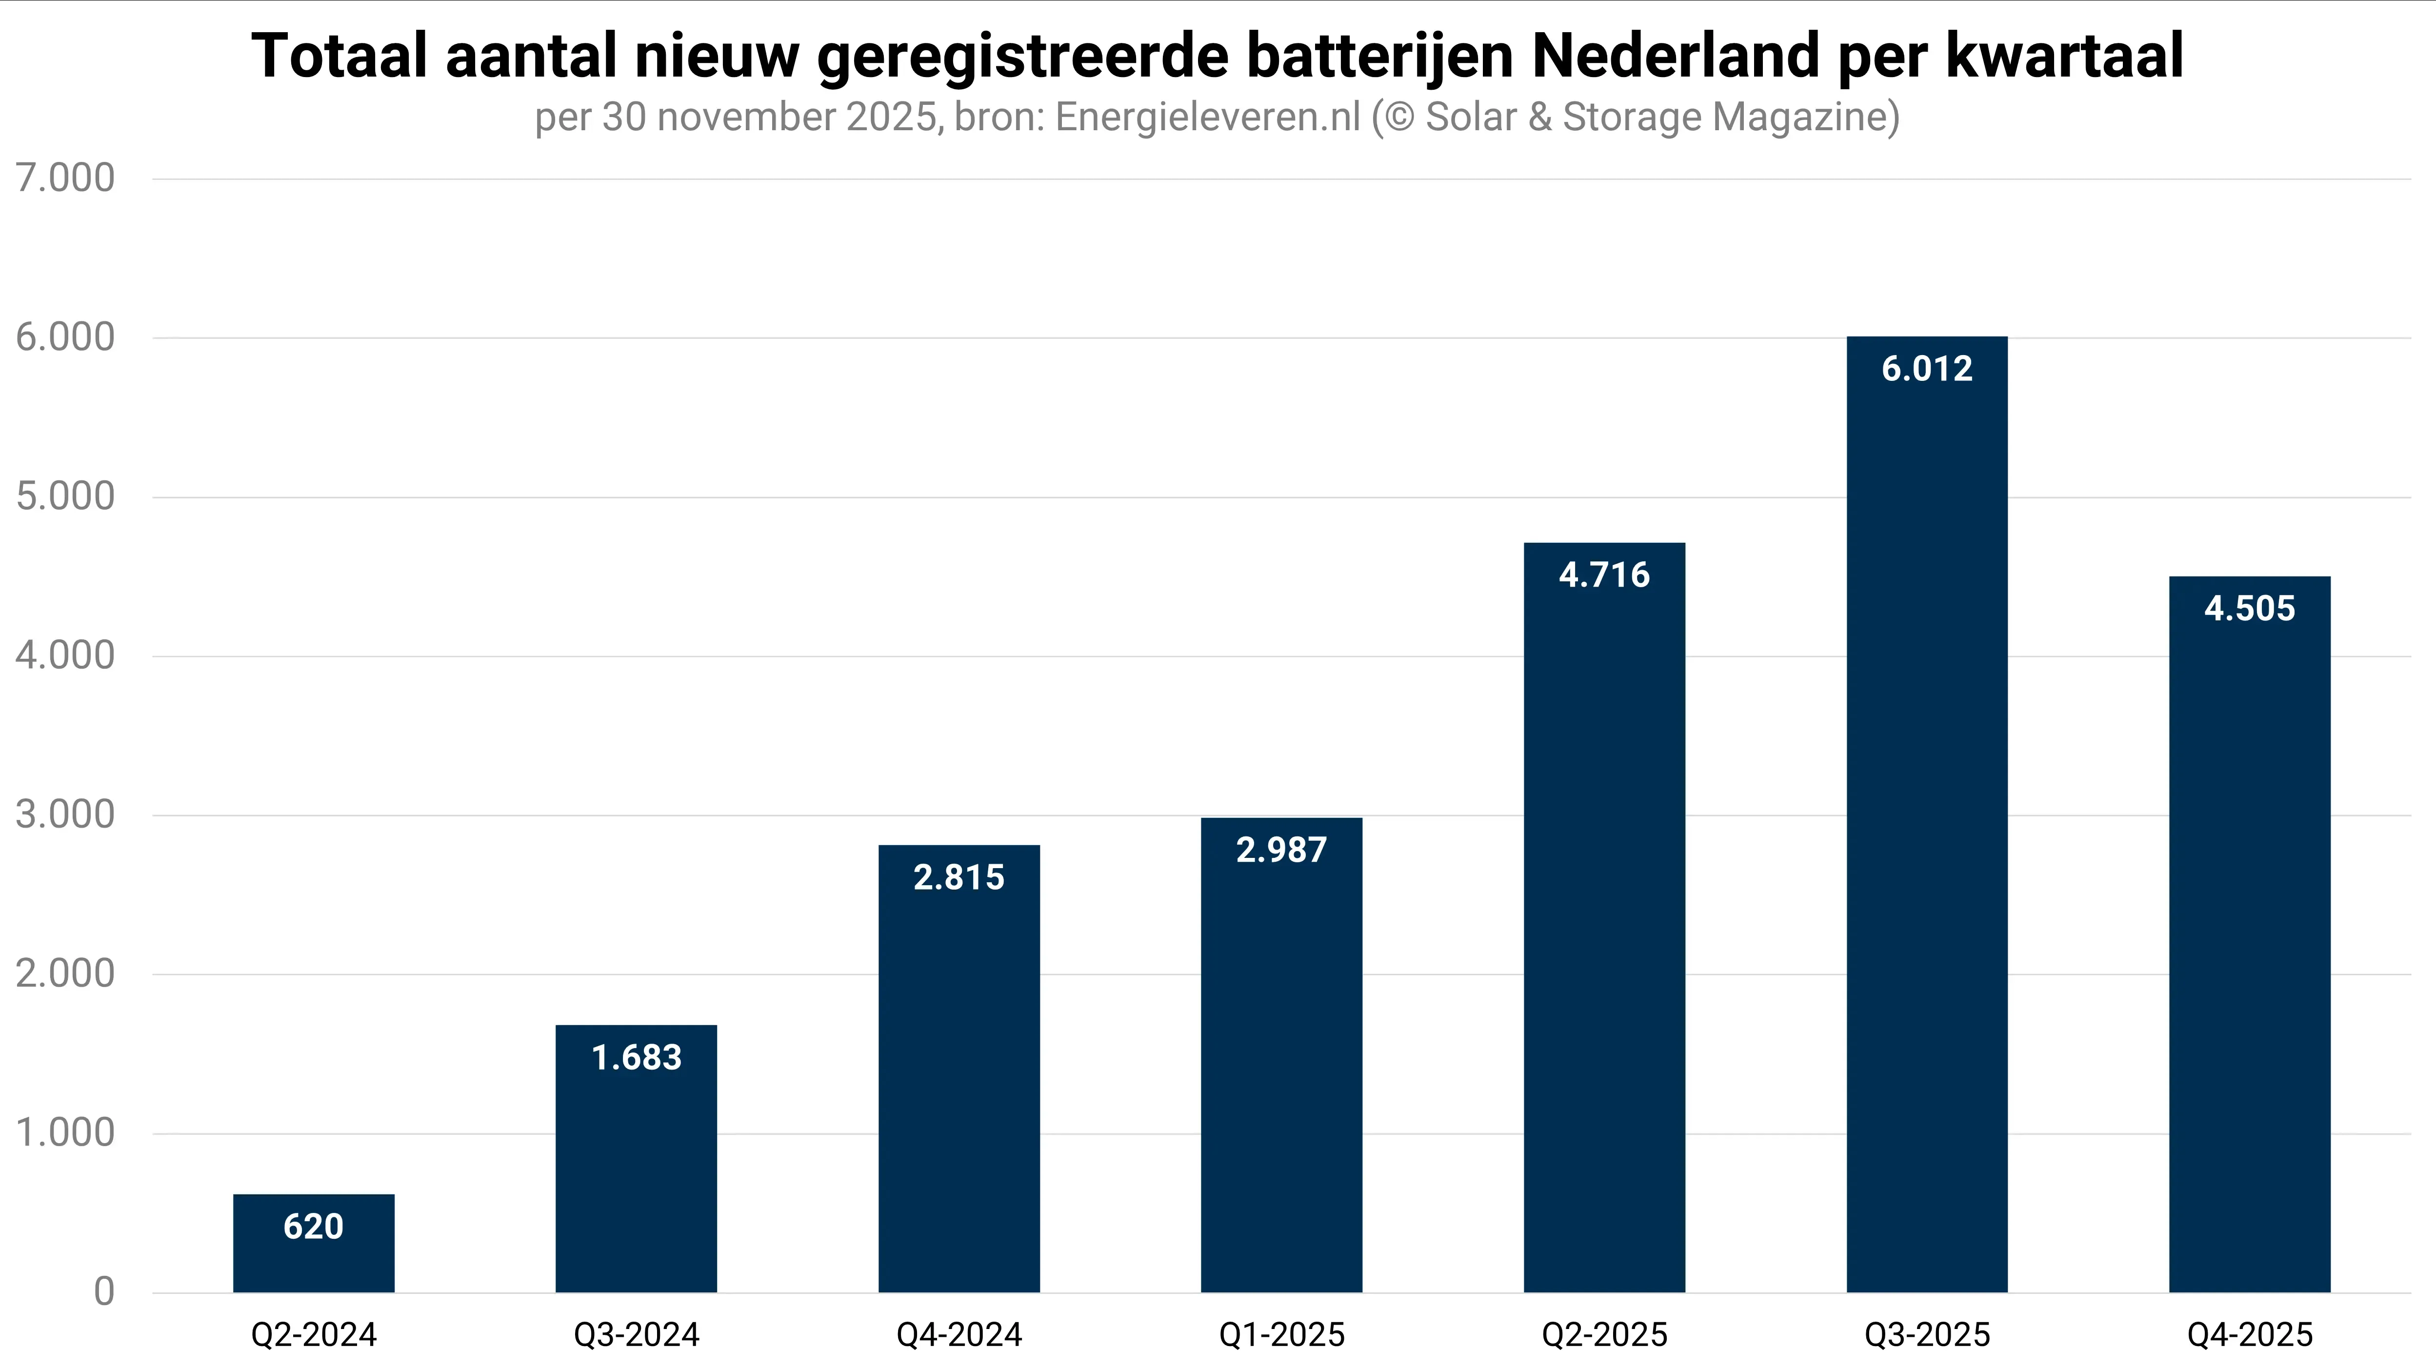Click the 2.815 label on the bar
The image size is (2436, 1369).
959,877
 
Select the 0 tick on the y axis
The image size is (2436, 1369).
104,1291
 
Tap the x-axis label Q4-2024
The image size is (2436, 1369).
959,1335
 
